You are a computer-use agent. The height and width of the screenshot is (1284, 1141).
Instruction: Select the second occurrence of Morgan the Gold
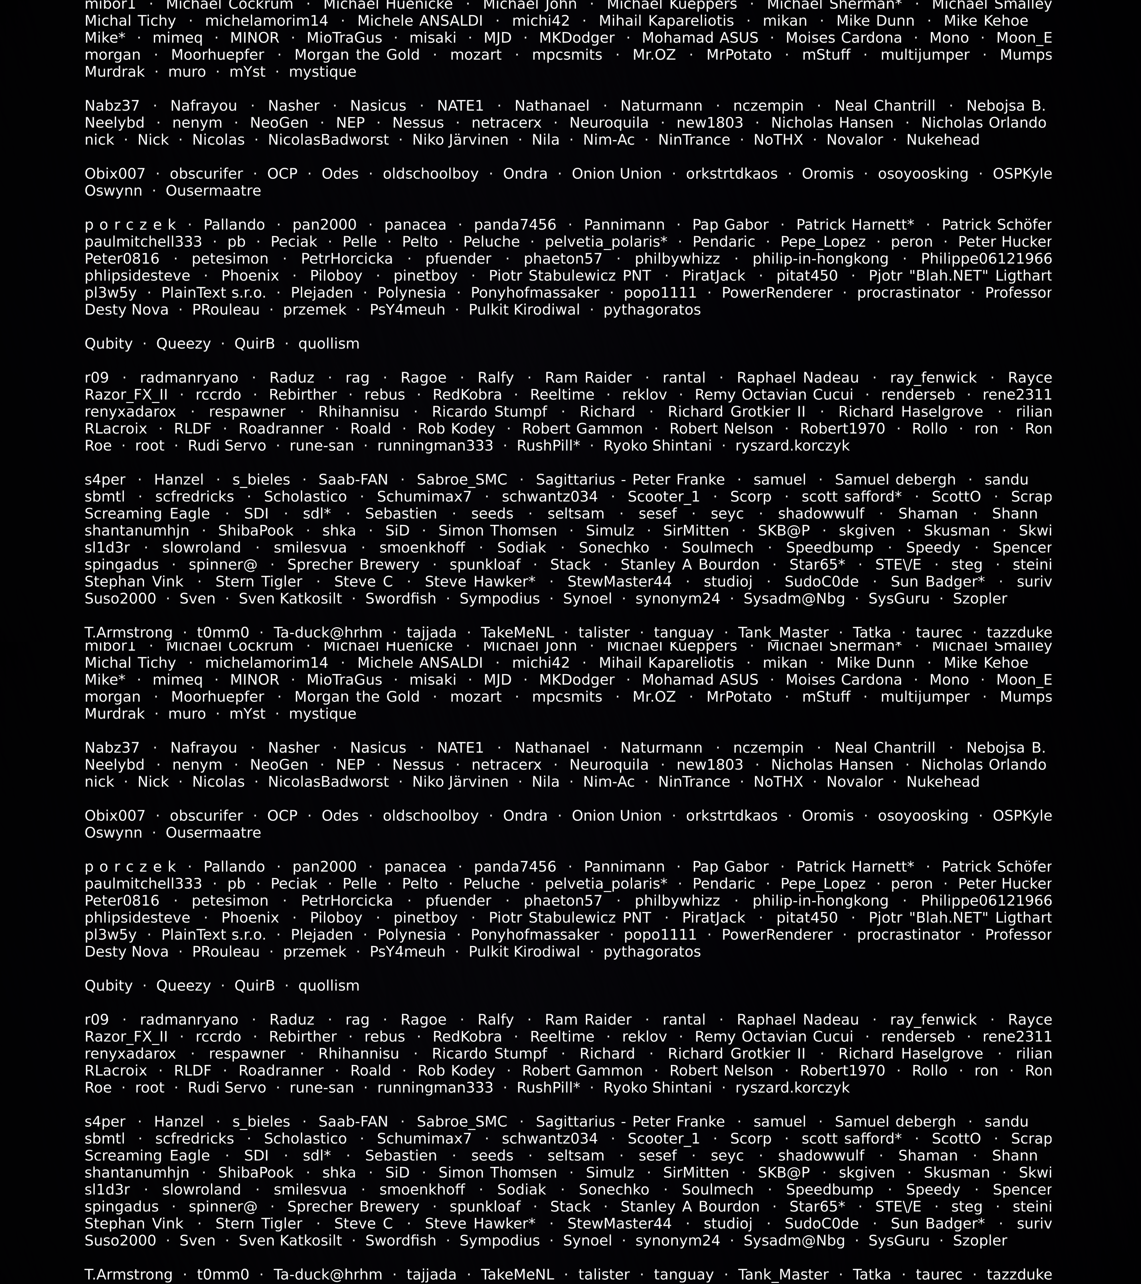point(357,697)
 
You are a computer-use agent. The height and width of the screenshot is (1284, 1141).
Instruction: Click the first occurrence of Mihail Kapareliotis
point(666,21)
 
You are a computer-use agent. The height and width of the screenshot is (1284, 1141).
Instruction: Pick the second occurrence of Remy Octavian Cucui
point(774,1037)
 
